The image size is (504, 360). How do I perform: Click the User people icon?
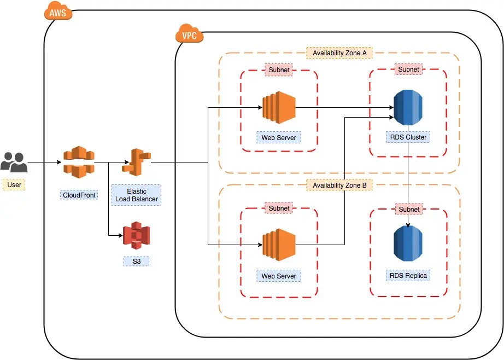click(x=14, y=162)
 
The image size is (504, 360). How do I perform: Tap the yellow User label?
click(x=14, y=184)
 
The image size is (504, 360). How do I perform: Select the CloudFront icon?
click(x=79, y=162)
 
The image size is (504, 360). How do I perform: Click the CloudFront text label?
click(x=79, y=195)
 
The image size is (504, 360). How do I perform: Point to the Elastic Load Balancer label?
click(x=136, y=195)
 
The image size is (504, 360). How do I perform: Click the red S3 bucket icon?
click(x=136, y=236)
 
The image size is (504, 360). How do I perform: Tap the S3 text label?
click(x=136, y=262)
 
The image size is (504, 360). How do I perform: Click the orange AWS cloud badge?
click(x=58, y=13)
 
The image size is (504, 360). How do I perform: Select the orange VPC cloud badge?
click(x=189, y=36)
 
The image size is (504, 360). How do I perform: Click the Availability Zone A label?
click(x=339, y=53)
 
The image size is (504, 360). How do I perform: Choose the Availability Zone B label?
click(x=339, y=185)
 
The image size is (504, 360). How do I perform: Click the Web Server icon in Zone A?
click(x=279, y=107)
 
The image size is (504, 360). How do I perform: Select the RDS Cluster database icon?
click(x=409, y=107)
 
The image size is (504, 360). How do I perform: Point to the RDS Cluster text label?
click(x=409, y=137)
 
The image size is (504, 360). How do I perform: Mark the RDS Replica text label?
click(x=409, y=275)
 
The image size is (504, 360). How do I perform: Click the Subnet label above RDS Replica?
click(x=409, y=209)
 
